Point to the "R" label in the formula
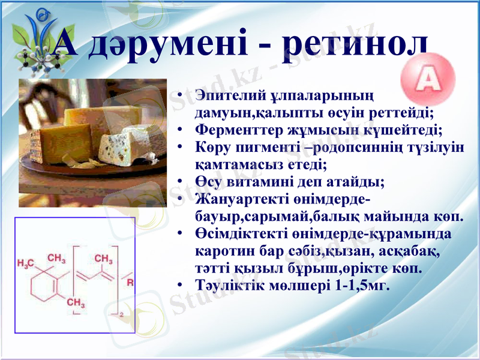click(130, 282)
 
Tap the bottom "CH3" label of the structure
click(76, 304)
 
